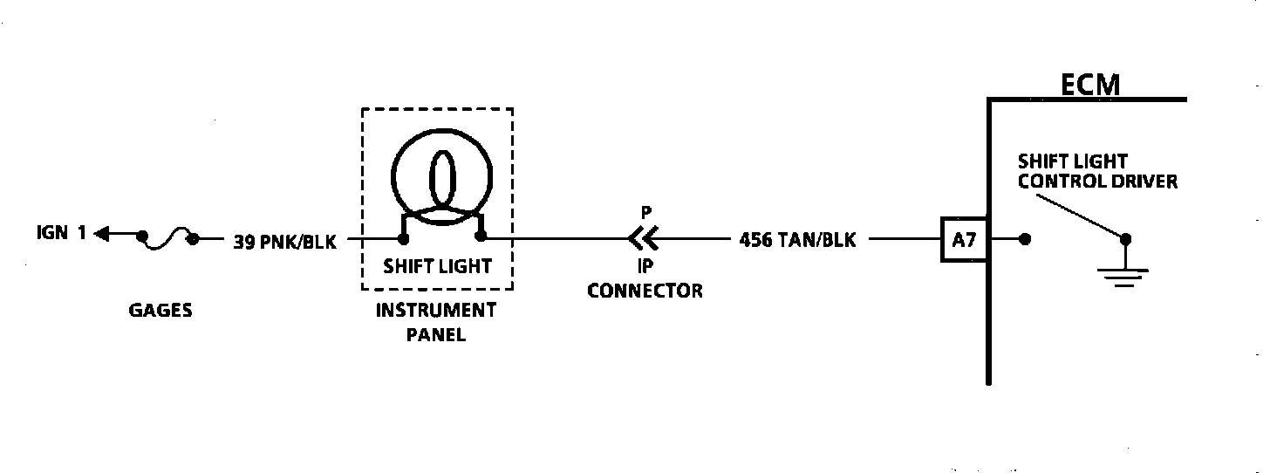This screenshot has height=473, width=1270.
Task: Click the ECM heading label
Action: pos(1089,85)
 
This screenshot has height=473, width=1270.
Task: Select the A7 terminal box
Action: pos(964,238)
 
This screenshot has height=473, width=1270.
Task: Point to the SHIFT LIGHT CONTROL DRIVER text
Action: pos(1097,171)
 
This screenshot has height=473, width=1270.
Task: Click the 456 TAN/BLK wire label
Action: pos(797,239)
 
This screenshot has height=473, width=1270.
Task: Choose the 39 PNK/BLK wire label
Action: pos(284,241)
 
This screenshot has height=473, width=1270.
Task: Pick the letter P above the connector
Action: pos(645,213)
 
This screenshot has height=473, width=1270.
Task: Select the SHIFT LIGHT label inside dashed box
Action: pos(438,265)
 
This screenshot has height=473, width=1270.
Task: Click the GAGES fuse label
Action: pos(160,311)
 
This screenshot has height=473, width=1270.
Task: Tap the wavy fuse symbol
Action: pos(167,237)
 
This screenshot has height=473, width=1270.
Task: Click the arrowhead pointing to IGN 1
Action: pos(103,234)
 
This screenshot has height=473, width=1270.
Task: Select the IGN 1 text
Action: pos(61,233)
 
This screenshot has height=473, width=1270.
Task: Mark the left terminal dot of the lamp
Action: pos(403,237)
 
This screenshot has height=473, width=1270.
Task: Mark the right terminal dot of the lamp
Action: pos(481,236)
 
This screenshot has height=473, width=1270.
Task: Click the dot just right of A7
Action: pos(1025,238)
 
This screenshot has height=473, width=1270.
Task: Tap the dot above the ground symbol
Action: pos(1125,238)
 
